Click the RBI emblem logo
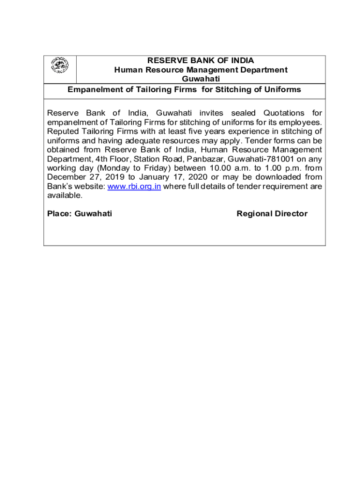[59, 65]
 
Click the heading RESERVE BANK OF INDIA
[201, 61]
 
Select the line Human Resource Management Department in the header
[201, 70]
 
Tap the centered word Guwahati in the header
[201, 79]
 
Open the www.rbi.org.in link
[134, 186]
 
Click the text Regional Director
[272, 214]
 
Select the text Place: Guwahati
[79, 214]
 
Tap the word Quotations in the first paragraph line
[283, 113]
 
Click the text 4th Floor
[107, 159]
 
